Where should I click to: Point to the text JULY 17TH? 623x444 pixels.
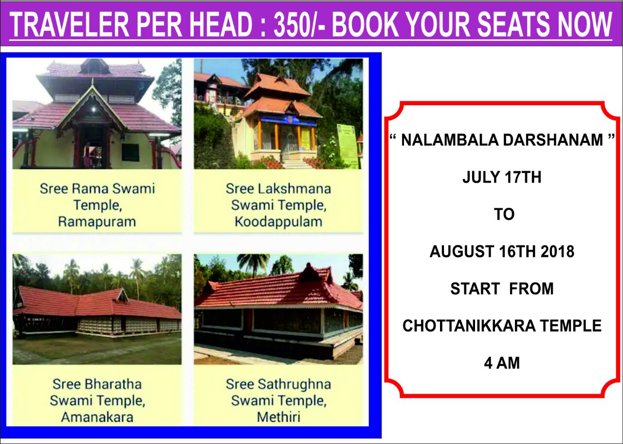pyautogui.click(x=502, y=177)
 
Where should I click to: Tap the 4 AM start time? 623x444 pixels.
pyautogui.click(x=502, y=363)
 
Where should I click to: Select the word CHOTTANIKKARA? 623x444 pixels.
pyautogui.click(x=469, y=326)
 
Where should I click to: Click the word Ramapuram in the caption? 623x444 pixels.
pyautogui.click(x=97, y=222)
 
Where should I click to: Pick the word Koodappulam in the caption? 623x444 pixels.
pyautogui.click(x=278, y=222)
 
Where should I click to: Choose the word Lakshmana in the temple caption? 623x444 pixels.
pyautogui.click(x=294, y=189)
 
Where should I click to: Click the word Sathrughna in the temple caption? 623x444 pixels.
pyautogui.click(x=294, y=384)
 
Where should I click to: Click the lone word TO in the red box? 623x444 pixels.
pyautogui.click(x=504, y=215)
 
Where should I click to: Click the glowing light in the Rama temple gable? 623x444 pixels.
pyautogui.click(x=93, y=109)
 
